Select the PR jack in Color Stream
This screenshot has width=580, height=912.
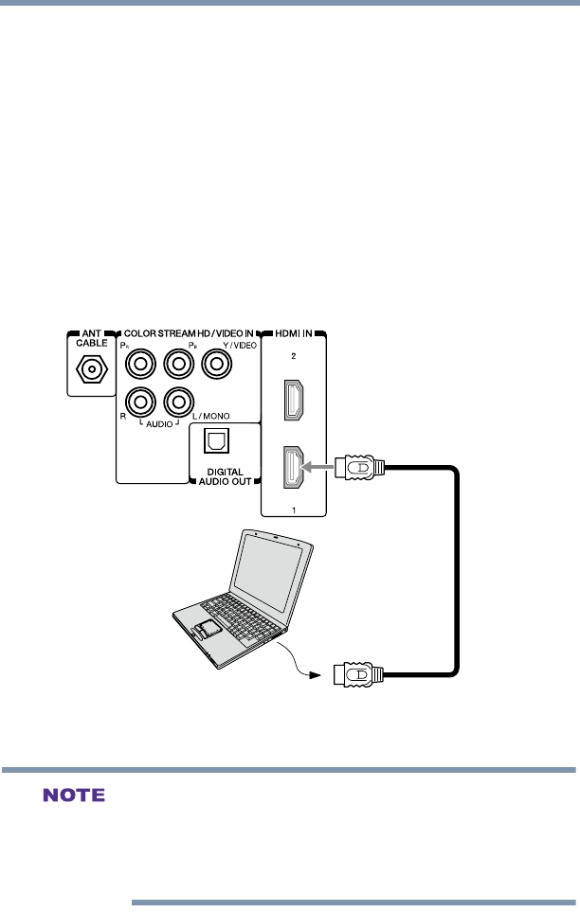[140, 362]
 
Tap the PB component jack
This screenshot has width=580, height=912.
[180, 362]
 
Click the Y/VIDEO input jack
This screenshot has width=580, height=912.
[220, 362]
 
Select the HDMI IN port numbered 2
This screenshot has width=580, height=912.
[293, 400]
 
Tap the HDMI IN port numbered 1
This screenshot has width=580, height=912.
[293, 467]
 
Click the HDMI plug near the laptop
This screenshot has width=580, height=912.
[360, 675]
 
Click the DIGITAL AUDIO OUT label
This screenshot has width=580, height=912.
[219, 476]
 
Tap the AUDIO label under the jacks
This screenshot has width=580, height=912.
[160, 424]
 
